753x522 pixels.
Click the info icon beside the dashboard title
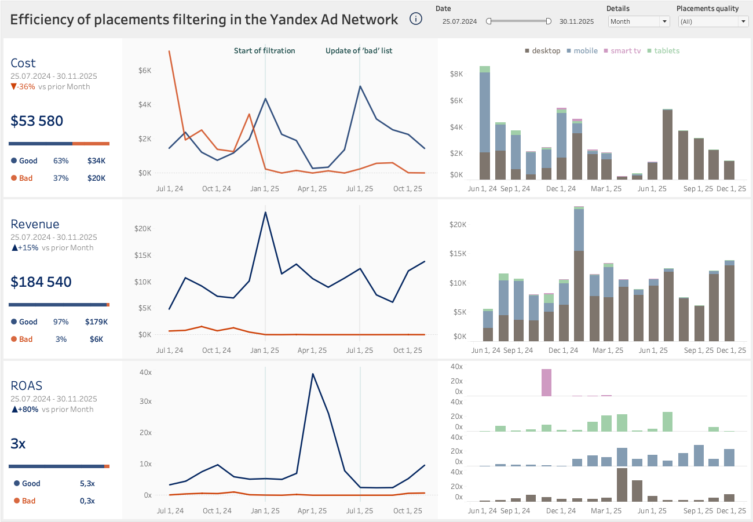[x=416, y=19]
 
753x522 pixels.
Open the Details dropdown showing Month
[x=639, y=21]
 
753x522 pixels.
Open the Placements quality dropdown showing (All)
[x=713, y=21]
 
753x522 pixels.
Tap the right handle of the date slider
[x=549, y=21]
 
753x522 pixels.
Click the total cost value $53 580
[x=37, y=121]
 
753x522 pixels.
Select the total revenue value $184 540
[x=41, y=282]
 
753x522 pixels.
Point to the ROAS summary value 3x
[x=18, y=444]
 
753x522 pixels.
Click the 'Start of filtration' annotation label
[x=264, y=51]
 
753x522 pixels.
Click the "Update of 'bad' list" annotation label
[x=359, y=51]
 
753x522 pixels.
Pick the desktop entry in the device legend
[x=543, y=51]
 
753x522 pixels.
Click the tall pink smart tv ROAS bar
[x=546, y=382]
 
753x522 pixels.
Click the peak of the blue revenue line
[x=265, y=212]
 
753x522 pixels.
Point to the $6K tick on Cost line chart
[x=144, y=71]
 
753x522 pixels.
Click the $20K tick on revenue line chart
[x=142, y=229]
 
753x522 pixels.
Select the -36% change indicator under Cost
[x=23, y=87]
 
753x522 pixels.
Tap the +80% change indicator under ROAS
[x=24, y=410]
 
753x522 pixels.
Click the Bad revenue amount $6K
[x=96, y=340]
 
